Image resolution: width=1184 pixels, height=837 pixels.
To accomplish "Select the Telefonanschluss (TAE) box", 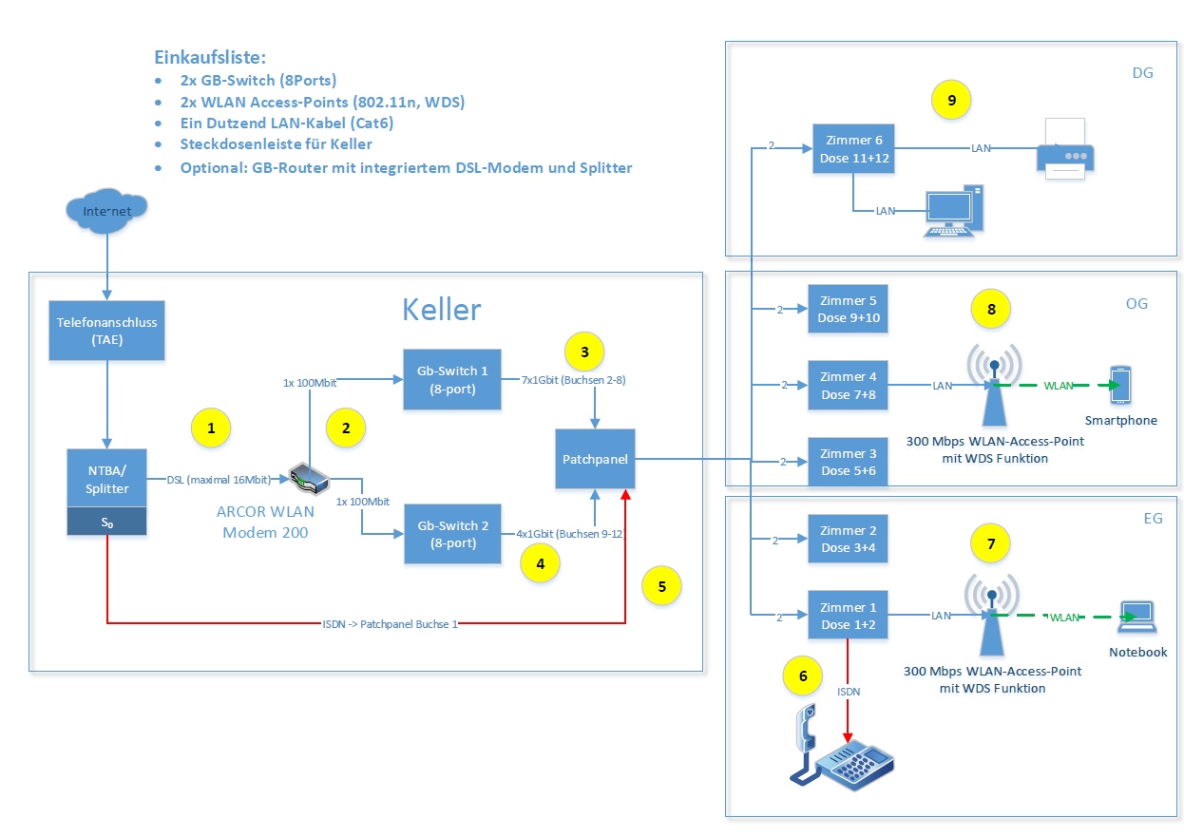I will point(106,332).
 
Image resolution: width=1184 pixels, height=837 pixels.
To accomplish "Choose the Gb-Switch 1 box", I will point(451,379).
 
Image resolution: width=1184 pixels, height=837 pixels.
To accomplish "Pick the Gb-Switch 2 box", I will point(451,534).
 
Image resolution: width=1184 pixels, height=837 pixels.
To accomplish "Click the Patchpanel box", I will point(595,460).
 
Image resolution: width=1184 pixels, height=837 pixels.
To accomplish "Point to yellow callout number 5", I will point(662,586).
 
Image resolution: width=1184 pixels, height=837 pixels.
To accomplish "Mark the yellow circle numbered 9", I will point(951,98).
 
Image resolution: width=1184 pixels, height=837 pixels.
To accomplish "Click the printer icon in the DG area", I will point(1065,149).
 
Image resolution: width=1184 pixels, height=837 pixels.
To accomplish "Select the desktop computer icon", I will point(951,211).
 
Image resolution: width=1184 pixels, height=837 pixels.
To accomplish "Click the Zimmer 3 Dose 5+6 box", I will point(848,462).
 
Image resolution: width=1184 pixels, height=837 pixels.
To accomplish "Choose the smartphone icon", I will point(1121,385).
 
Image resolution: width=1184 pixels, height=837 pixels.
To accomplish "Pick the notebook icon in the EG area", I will point(1137,618).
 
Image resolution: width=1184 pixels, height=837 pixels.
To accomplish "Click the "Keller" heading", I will point(442,310).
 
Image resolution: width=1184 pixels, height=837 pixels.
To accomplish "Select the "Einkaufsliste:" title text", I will point(210,57).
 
